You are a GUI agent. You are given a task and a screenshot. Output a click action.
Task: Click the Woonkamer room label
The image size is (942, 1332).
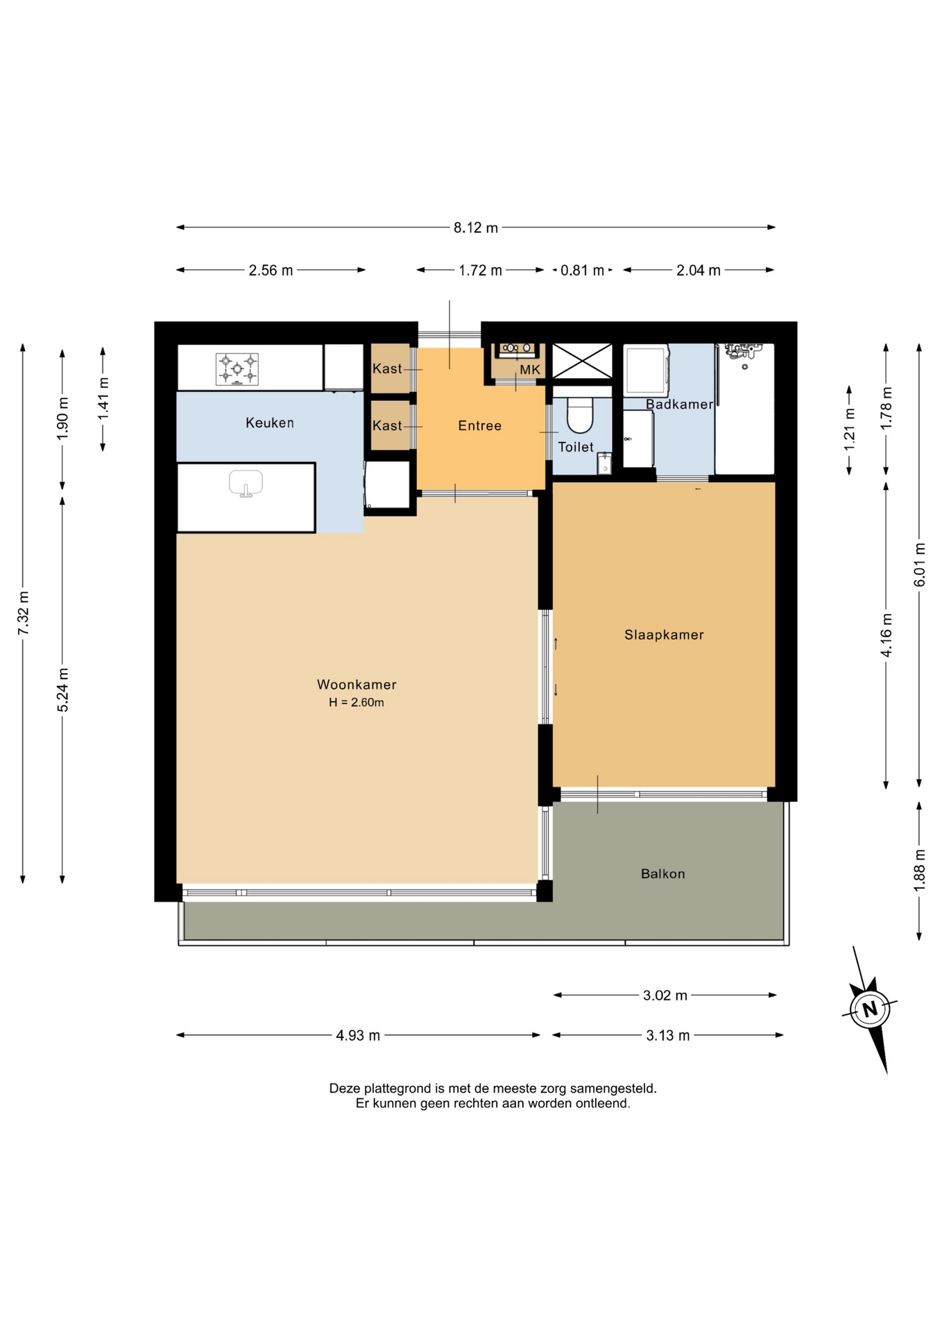[x=357, y=684]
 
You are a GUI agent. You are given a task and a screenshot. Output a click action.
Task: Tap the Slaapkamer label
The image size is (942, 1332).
[x=664, y=634]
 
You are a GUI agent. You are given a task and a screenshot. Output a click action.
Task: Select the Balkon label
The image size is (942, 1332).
[x=662, y=873]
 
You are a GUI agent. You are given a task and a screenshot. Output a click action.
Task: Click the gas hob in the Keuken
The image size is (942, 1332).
[x=237, y=368]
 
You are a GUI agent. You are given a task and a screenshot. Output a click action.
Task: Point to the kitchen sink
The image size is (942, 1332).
[x=246, y=484]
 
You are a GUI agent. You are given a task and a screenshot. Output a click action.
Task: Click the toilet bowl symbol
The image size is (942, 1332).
[x=580, y=415]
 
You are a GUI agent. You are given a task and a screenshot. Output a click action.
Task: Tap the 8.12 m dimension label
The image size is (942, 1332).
[x=476, y=228]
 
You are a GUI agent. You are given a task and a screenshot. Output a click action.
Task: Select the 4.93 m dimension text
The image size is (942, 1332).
[x=358, y=1035]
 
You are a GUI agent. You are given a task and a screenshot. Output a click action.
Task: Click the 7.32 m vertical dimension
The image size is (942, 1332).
[x=23, y=613]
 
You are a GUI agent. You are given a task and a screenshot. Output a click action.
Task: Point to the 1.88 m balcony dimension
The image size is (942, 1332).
[x=919, y=871]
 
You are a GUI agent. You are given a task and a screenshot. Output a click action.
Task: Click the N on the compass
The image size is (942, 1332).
[x=870, y=1008]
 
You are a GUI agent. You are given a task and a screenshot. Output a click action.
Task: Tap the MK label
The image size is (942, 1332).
[x=530, y=370]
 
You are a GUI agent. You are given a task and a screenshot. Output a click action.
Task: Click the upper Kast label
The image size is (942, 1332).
[x=387, y=368]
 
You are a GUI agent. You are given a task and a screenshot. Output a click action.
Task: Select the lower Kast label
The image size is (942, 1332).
[x=387, y=425]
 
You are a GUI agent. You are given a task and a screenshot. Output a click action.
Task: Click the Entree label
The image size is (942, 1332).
[x=479, y=425]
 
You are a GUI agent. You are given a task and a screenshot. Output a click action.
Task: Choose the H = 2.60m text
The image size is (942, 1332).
[x=357, y=702]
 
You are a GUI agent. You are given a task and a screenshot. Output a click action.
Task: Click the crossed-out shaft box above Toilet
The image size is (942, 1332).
[x=582, y=361]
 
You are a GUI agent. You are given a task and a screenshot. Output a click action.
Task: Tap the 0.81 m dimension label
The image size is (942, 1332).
[x=582, y=271]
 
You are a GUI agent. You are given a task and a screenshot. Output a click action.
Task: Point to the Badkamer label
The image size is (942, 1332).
[x=679, y=404]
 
